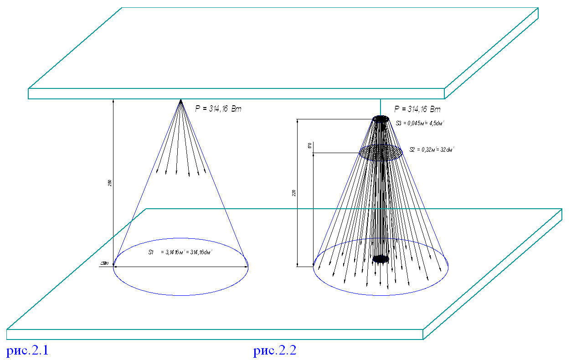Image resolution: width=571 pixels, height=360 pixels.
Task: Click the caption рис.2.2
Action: click(x=275, y=351)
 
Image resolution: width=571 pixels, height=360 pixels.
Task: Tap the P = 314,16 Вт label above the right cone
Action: click(x=417, y=109)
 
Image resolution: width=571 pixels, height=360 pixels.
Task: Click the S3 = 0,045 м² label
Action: click(x=420, y=123)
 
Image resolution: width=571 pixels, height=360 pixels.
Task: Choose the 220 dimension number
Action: click(x=294, y=193)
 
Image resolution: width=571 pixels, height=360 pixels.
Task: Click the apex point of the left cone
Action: click(x=181, y=100)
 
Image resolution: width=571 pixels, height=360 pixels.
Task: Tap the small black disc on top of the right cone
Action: click(x=381, y=119)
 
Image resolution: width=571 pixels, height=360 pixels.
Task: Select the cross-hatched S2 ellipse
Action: click(x=381, y=152)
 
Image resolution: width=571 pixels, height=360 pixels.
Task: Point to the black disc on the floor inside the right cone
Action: click(x=381, y=259)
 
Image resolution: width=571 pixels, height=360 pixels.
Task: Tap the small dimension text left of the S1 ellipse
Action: click(x=105, y=263)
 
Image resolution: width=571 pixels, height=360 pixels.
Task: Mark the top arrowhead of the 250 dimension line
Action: click(x=113, y=101)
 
